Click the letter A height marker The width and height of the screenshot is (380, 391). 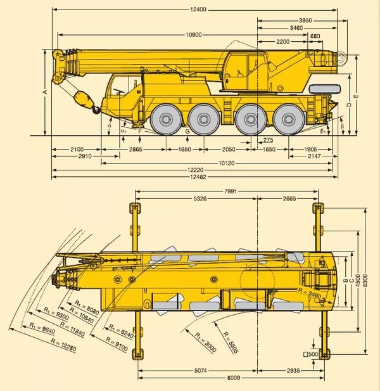tap(45, 92)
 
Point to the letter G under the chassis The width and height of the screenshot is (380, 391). tap(187, 131)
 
